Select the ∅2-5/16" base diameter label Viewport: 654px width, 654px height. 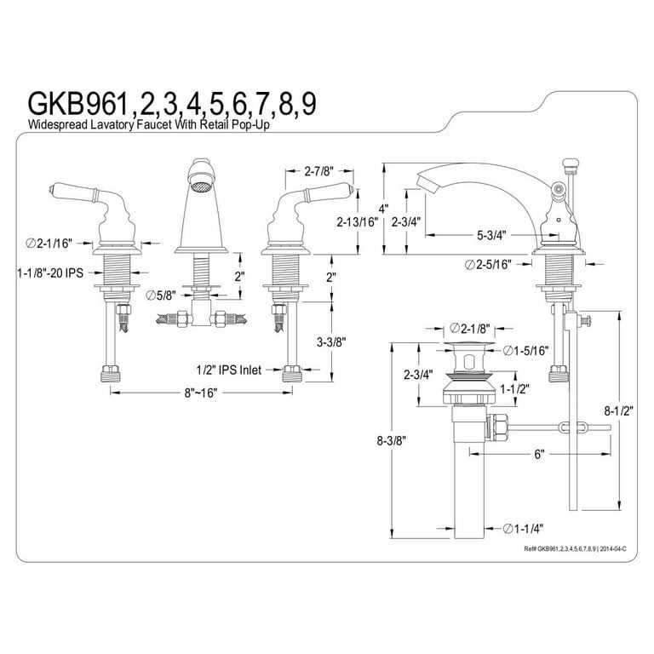[489, 263]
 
